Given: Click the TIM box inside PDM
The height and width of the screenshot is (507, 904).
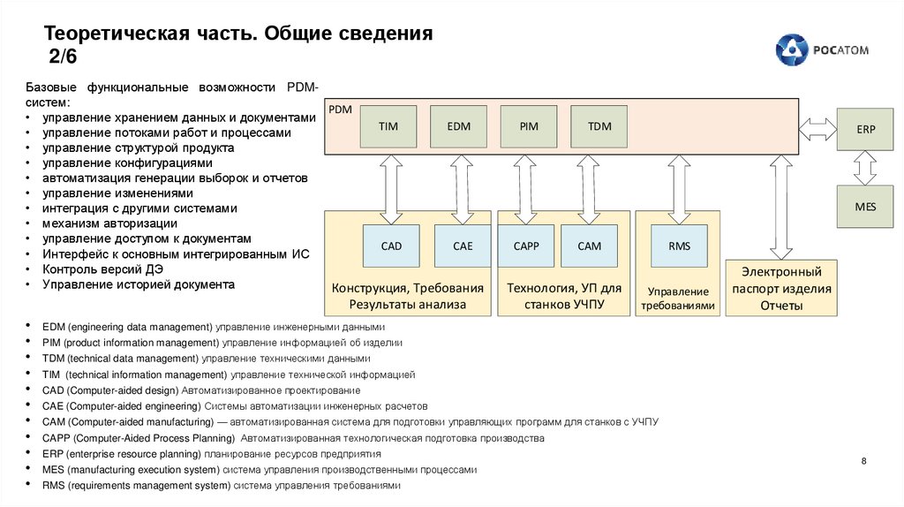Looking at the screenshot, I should click(388, 126).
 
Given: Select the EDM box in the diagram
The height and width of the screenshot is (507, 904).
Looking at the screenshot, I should click(458, 126).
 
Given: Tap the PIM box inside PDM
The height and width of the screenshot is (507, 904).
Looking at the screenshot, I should click(529, 126).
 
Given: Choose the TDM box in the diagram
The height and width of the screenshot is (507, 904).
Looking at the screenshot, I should click(599, 126).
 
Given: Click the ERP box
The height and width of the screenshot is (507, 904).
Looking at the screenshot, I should click(865, 129).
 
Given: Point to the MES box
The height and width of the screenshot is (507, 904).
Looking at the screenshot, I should click(865, 206).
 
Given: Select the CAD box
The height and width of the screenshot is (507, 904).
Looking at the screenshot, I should click(391, 246).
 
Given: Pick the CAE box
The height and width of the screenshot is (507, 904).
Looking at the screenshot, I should click(463, 246).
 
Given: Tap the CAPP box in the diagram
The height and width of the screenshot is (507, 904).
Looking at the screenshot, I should click(526, 246).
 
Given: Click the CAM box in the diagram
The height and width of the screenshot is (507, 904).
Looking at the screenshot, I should click(589, 246).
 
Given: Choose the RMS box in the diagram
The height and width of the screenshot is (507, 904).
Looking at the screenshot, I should click(679, 246).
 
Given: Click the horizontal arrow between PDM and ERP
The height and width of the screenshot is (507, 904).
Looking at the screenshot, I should click(817, 129).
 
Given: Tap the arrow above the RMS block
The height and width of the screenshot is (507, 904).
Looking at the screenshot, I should click(679, 188).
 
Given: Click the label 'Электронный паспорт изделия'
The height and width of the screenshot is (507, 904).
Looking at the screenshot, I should click(781, 280).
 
